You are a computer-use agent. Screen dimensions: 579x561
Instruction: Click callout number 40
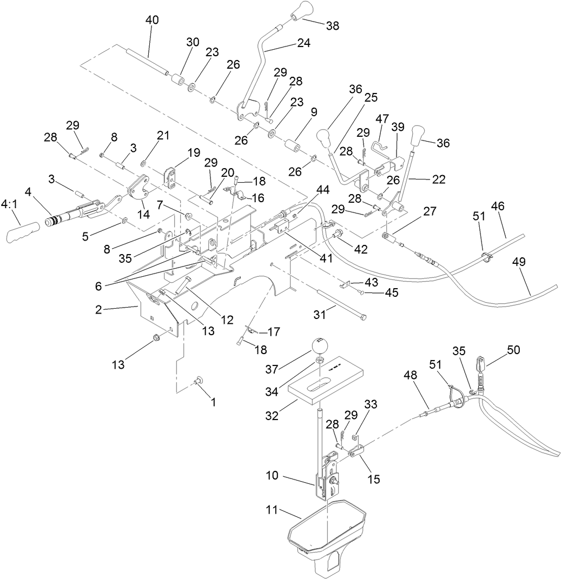(153, 21)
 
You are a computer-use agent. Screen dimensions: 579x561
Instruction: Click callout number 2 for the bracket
(99, 309)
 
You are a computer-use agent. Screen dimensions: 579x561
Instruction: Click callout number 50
(513, 350)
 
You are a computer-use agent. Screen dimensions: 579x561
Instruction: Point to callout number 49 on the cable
(519, 262)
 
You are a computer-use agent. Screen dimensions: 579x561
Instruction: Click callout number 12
(227, 320)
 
